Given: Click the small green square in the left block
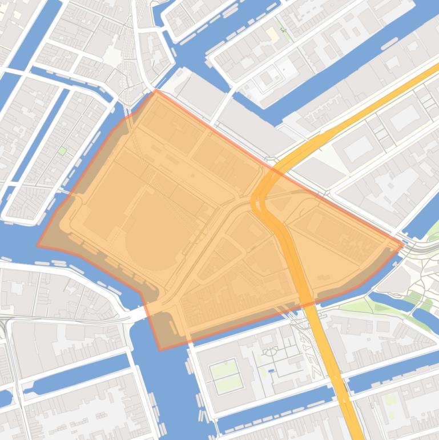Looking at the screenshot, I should click(x=62, y=151).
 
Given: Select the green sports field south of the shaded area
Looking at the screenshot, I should click(x=225, y=375).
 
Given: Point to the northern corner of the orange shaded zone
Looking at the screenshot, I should click(x=156, y=90).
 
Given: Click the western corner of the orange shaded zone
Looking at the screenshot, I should click(x=38, y=246).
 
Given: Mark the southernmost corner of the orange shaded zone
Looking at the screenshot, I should click(x=160, y=350).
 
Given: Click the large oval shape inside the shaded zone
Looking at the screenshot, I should click(x=150, y=241).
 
